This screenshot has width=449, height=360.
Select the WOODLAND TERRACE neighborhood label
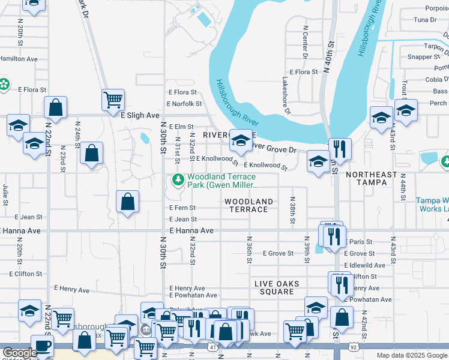point(249,205)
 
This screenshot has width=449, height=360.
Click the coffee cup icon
point(41,345)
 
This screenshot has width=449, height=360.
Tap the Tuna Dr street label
point(424,20)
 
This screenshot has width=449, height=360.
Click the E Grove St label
point(278,254)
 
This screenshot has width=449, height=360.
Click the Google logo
point(19,353)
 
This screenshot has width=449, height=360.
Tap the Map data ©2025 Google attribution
point(411,355)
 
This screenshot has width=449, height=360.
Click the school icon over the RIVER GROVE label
point(241,140)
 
